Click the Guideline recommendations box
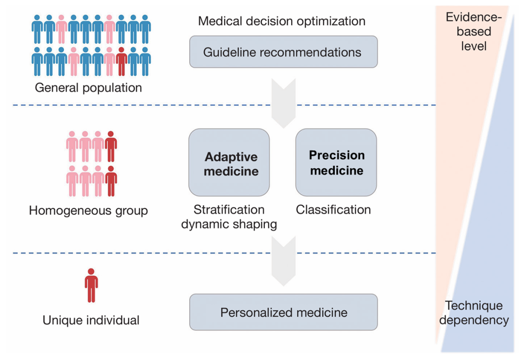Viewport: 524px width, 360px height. [283, 51]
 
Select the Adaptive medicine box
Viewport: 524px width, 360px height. [229, 163]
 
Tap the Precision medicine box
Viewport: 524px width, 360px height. [336, 163]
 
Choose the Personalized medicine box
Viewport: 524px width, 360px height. [283, 312]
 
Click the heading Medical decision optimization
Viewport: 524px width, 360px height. [282, 21]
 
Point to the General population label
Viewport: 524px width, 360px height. [88, 88]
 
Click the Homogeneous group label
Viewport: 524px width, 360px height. [88, 211]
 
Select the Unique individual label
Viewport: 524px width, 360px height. [91, 320]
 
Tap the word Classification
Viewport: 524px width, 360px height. [333, 210]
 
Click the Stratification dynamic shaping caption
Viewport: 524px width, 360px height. [229, 217]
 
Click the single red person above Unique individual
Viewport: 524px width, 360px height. [91, 285]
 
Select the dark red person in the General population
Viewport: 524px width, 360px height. [122, 62]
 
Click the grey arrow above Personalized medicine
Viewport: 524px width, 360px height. [283, 262]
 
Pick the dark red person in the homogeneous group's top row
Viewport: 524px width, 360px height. [111, 146]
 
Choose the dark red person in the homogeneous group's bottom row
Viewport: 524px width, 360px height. [111, 181]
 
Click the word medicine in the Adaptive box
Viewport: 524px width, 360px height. [231, 171]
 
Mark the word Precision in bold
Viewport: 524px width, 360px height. [337, 155]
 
